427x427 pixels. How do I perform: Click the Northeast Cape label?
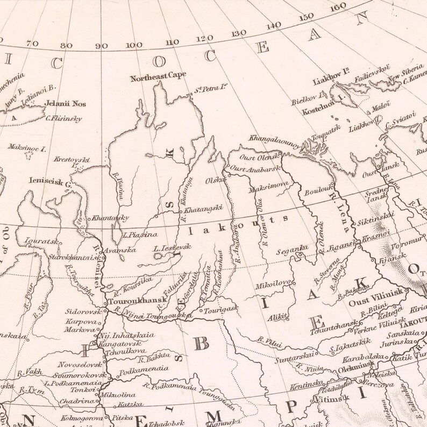[155, 77]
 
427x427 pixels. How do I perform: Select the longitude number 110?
[172, 42]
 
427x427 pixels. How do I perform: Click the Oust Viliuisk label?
[370, 303]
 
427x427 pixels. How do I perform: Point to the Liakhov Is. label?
[330, 82]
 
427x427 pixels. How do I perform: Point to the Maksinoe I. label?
[27, 147]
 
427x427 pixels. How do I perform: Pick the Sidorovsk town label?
[81, 311]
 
